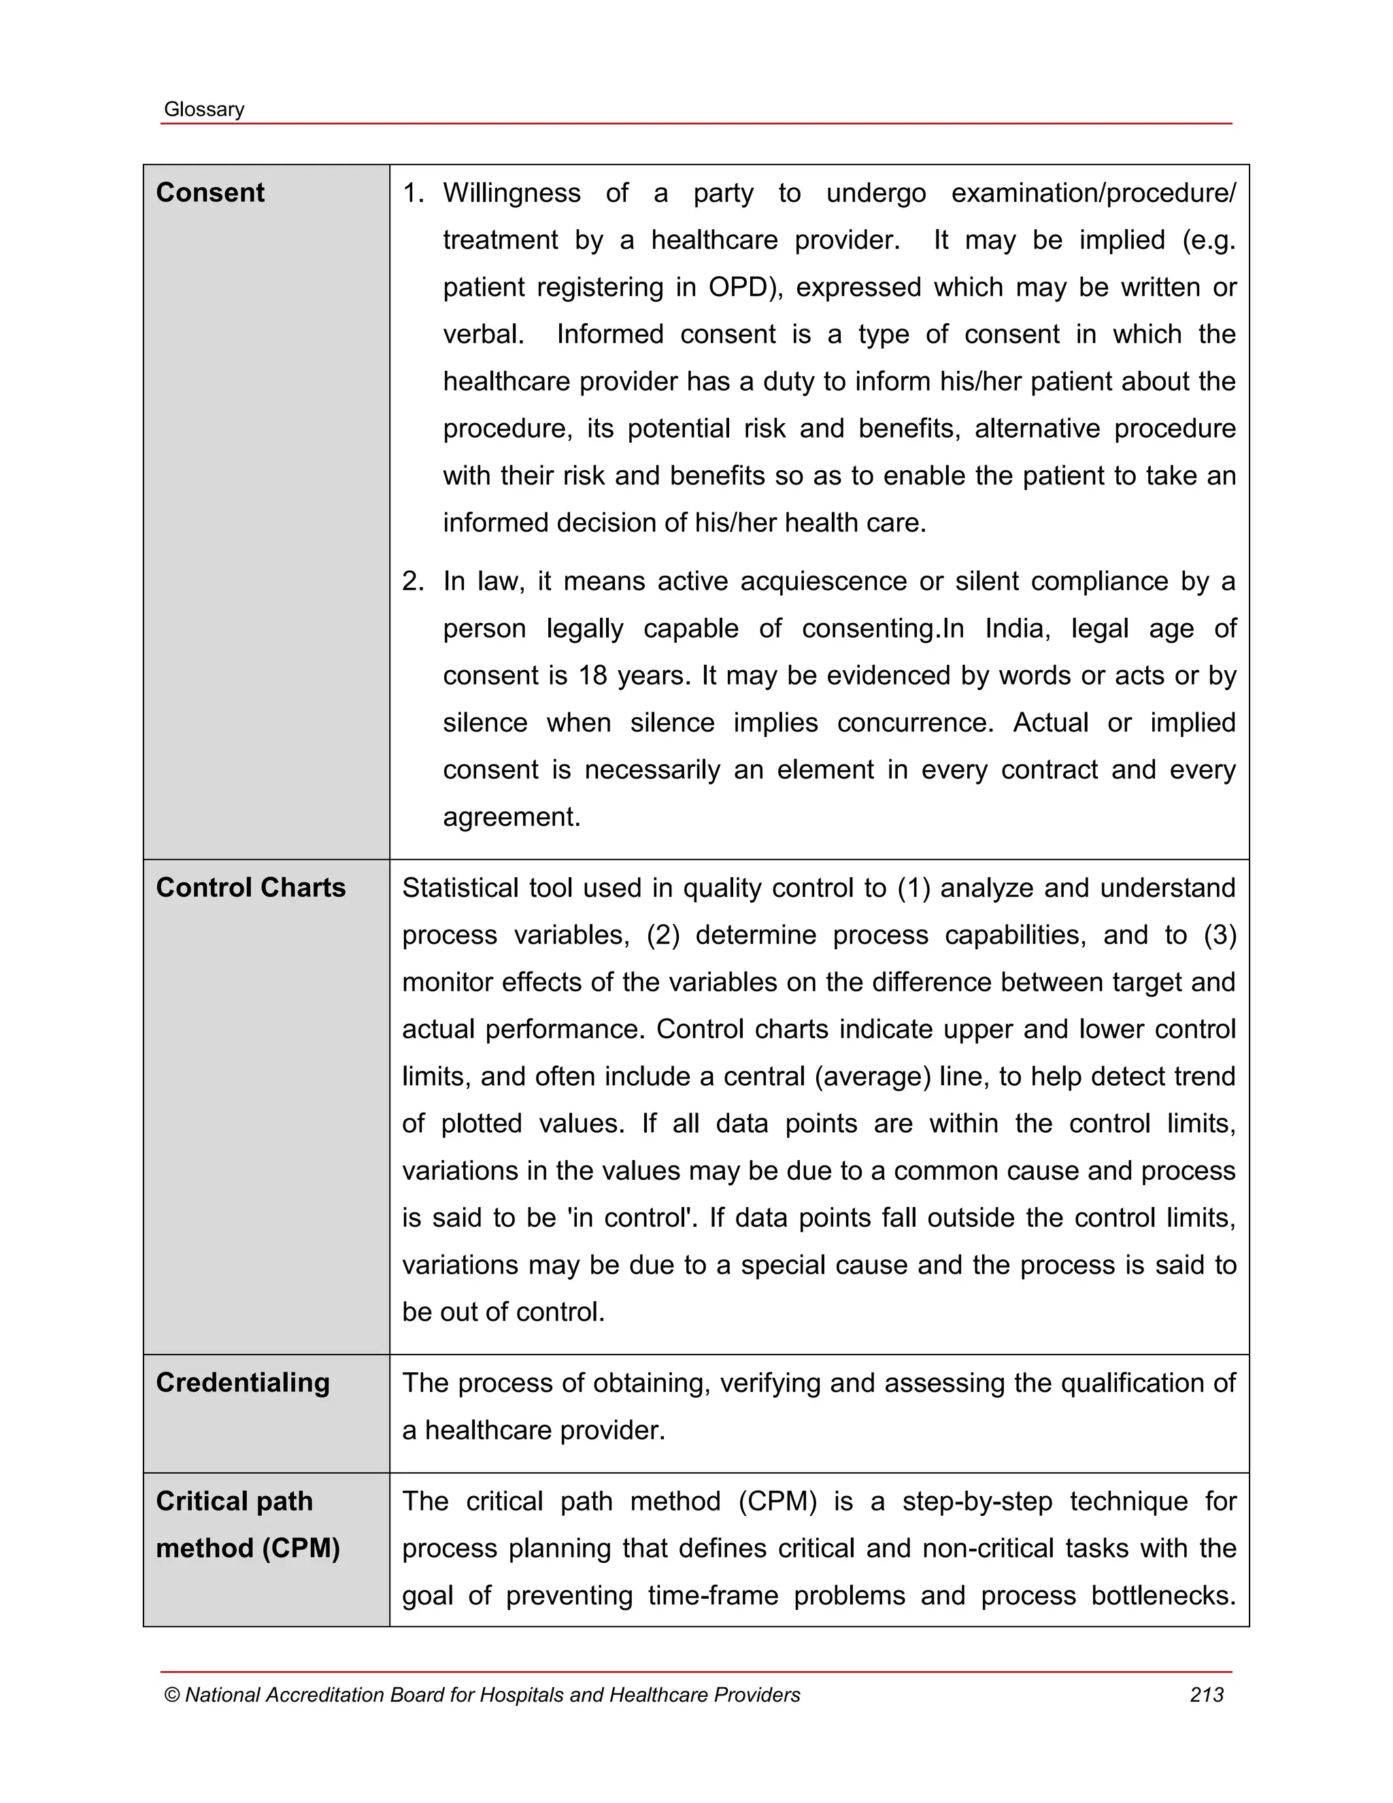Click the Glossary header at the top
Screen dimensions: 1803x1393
(204, 110)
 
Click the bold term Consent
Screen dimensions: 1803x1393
(209, 193)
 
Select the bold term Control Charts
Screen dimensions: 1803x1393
(250, 887)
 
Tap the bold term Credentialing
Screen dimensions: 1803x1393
(243, 1383)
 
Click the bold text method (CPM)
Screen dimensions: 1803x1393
(248, 1548)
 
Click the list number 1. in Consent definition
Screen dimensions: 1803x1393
(413, 193)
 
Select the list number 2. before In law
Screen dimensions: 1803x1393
(413, 581)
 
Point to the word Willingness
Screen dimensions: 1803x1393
(511, 193)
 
